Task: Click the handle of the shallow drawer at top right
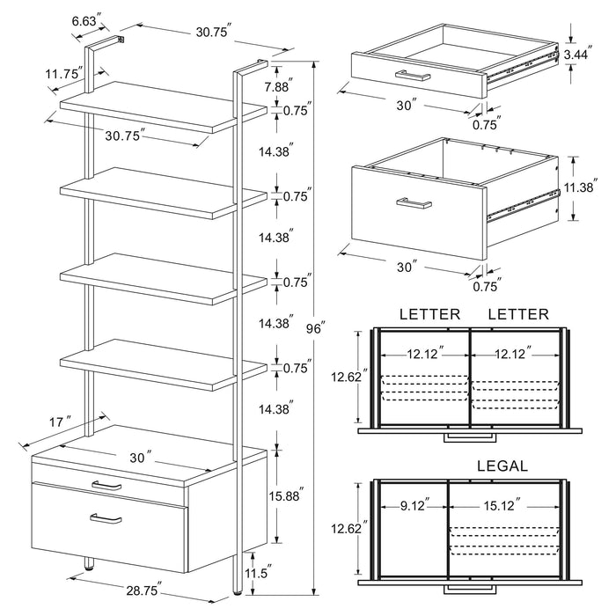(413, 75)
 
